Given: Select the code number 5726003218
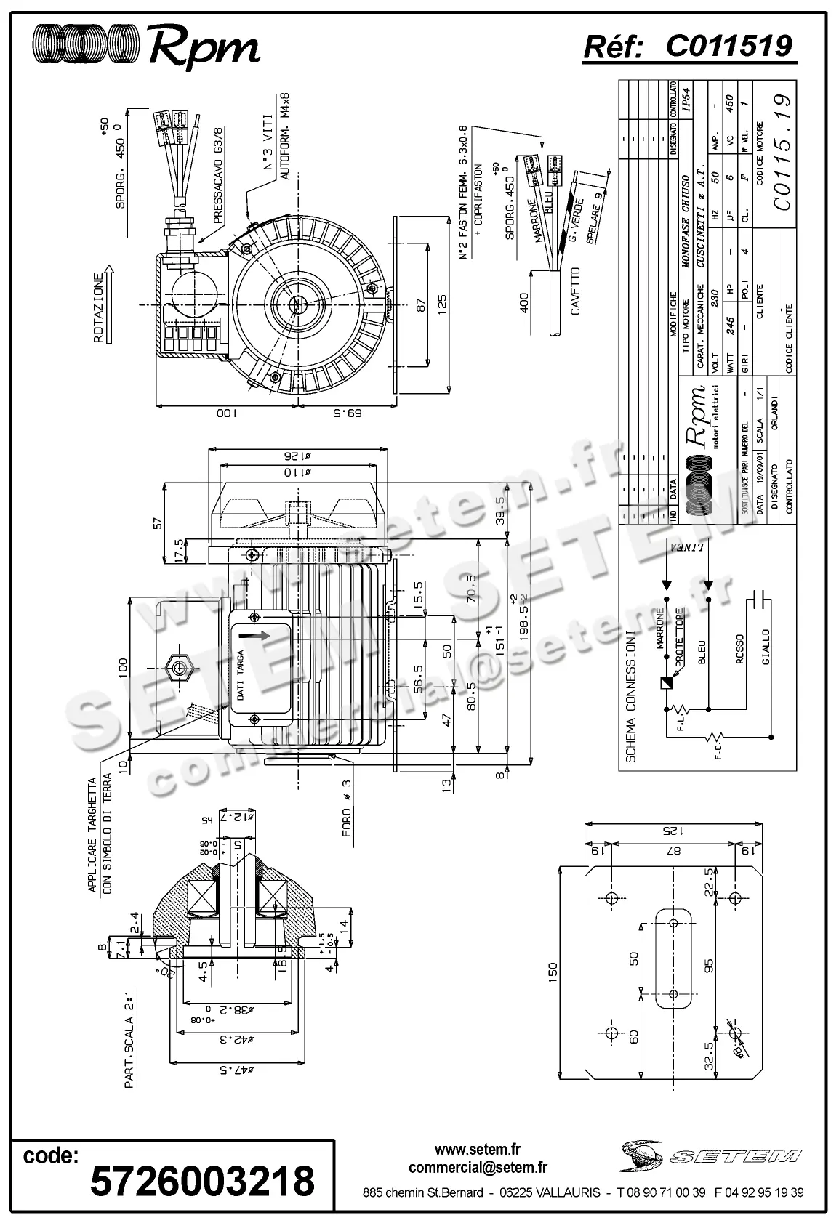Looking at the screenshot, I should pyautogui.click(x=203, y=1180).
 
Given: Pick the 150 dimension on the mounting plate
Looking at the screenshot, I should pyautogui.click(x=553, y=970).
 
